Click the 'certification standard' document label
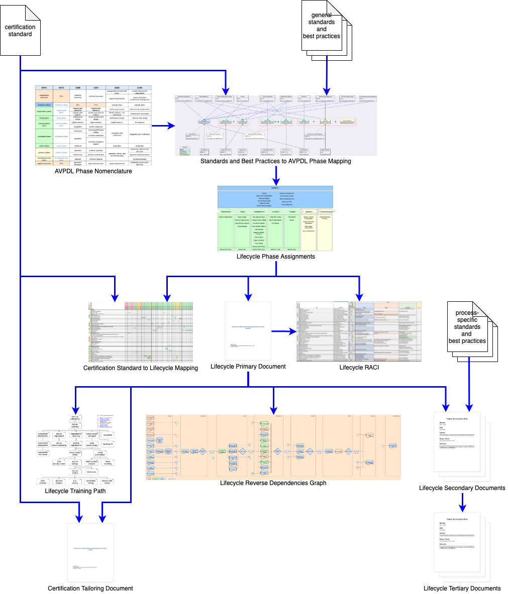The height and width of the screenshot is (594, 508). (20, 30)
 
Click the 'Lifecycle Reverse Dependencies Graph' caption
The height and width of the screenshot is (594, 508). (273, 483)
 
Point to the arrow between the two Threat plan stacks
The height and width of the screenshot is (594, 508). (462, 500)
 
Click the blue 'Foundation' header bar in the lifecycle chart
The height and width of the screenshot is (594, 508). (275, 188)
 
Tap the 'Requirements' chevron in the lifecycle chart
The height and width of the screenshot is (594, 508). (225, 212)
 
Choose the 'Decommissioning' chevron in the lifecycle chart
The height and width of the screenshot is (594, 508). (325, 212)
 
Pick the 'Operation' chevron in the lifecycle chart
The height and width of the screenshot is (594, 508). (308, 212)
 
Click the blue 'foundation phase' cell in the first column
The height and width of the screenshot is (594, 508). (44, 104)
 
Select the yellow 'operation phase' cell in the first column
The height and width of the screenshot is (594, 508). (44, 152)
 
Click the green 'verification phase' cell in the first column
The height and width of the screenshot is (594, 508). (44, 136)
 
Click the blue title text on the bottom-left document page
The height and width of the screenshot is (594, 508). (90, 549)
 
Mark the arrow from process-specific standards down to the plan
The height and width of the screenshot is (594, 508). (469, 382)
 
